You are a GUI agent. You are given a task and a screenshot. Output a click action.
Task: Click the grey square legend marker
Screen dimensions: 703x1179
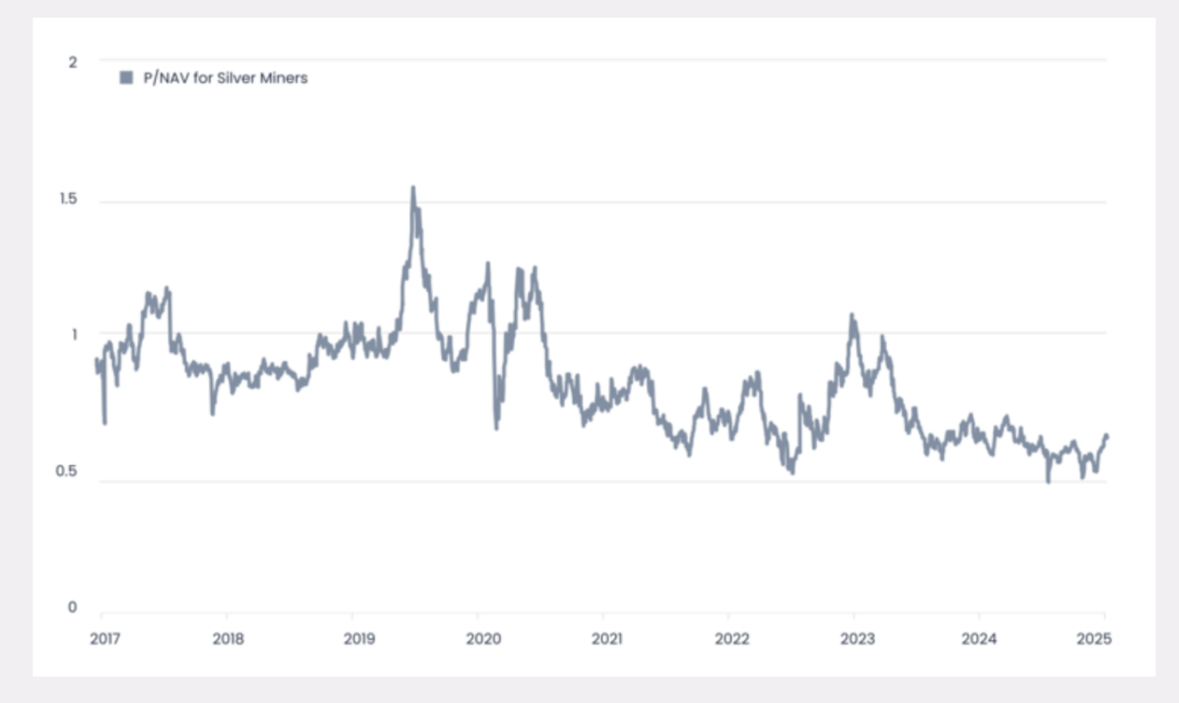[x=126, y=78]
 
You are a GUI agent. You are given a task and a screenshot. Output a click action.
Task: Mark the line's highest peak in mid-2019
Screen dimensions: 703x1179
[x=413, y=188]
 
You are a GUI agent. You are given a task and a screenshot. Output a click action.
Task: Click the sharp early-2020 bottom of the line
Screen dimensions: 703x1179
[x=496, y=428]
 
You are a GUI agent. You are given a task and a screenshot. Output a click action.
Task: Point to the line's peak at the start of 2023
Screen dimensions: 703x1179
[x=852, y=315]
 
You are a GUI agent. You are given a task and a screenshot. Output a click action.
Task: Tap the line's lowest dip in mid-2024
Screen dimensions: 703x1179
[x=1048, y=480]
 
